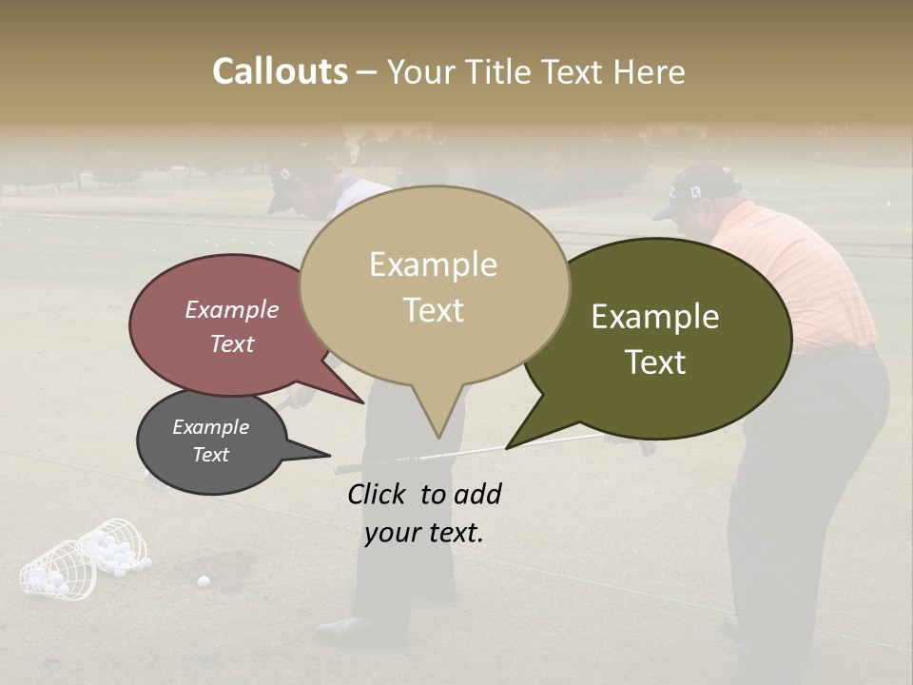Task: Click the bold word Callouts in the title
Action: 280,71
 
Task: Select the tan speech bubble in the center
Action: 434,285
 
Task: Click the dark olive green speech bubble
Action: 656,338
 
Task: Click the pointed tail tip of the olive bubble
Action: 508,447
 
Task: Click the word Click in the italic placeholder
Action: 379,494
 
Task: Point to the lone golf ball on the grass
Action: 203,580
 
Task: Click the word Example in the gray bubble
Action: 210,427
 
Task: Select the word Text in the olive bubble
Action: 656,362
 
